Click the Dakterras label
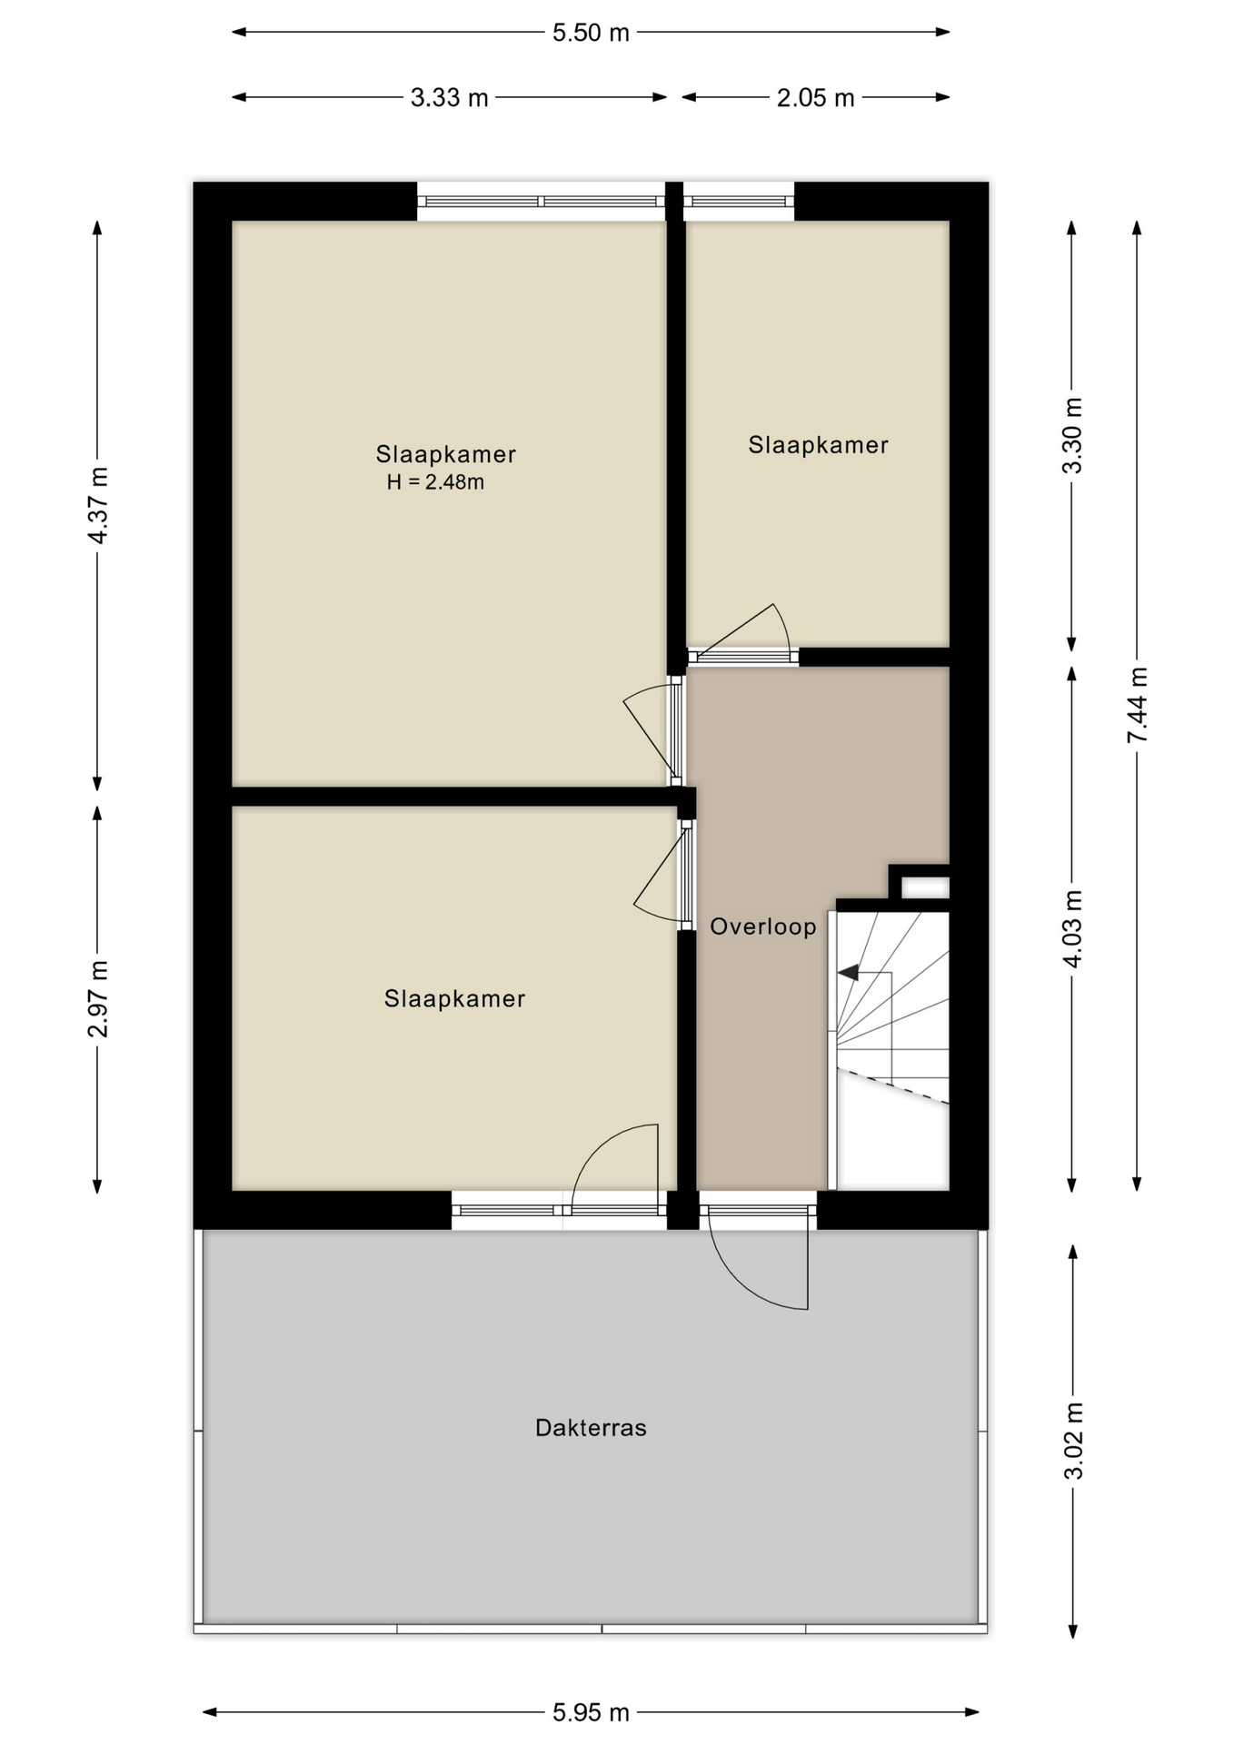591,1428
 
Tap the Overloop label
763,926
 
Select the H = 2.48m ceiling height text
435,482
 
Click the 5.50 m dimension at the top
591,33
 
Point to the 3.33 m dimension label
449,97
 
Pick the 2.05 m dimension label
815,97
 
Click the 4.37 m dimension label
98,506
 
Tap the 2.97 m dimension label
98,998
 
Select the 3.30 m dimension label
1072,435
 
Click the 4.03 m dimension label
1072,929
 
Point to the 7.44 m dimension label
1137,705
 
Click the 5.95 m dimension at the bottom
591,1712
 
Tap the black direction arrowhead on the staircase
848,973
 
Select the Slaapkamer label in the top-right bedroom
818,445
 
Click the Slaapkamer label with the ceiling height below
445,454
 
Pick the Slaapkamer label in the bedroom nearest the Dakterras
454,999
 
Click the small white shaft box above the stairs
925,887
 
